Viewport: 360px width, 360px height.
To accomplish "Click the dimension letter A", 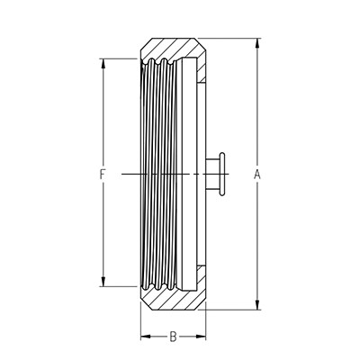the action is [x=257, y=175].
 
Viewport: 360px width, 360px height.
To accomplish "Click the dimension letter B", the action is [x=173, y=337].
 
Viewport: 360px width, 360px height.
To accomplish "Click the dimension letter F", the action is [x=103, y=175].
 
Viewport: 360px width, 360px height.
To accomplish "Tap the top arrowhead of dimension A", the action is [x=257, y=43].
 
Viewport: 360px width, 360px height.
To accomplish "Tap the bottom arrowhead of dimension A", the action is [x=257, y=305].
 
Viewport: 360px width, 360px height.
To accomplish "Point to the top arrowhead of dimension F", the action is [x=103, y=63].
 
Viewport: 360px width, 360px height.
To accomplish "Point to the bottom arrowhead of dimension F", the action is [x=103, y=282].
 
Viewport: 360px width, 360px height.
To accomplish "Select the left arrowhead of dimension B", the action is [x=146, y=337].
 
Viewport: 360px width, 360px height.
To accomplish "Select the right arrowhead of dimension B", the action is [x=201, y=337].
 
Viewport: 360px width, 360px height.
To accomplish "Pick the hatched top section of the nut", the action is [x=173, y=48].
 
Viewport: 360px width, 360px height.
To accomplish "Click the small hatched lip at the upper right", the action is [x=202, y=72].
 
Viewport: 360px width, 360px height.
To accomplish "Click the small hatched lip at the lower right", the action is [x=202, y=276].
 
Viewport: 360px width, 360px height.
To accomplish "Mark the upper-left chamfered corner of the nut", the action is [x=147, y=44].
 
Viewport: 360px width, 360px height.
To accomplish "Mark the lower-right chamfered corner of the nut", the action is [x=202, y=305].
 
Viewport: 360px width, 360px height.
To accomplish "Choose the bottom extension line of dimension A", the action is [x=230, y=310].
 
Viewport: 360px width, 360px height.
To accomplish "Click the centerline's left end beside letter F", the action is [x=121, y=175].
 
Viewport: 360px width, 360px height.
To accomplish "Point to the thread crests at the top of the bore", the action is [x=160, y=62].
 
